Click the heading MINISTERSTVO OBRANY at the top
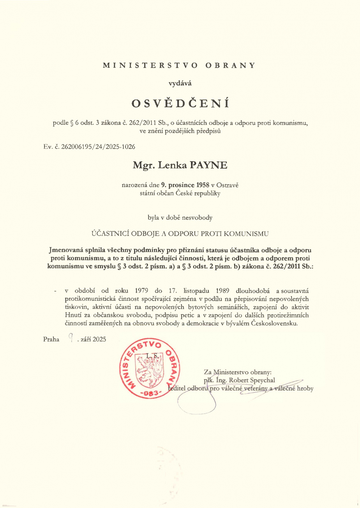(179, 65)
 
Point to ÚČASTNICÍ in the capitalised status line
(111, 234)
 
